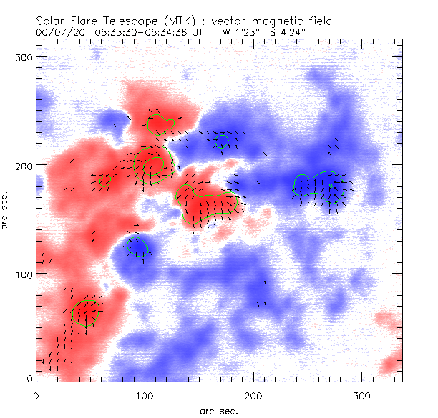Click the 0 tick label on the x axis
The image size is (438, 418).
point(36,394)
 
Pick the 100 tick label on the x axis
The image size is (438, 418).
point(145,394)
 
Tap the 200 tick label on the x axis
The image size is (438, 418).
point(253,394)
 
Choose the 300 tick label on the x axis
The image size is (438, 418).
point(362,394)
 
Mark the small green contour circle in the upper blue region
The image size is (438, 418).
point(222,140)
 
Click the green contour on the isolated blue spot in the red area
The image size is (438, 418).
point(137,247)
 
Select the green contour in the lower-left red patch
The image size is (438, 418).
point(87,311)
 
